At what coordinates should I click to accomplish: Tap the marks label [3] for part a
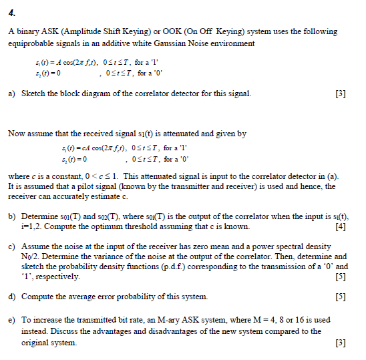341,94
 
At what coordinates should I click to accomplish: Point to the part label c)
12,247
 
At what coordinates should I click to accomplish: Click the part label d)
12,296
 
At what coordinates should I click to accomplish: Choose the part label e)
12,321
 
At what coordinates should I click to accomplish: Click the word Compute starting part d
38,296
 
